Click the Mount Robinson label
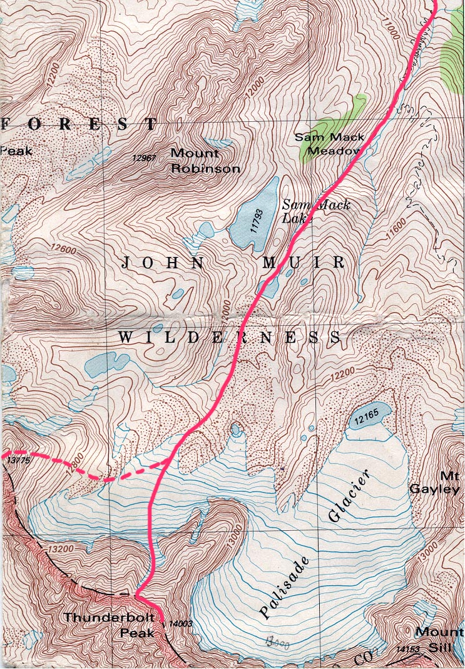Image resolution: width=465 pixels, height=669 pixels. tap(205, 161)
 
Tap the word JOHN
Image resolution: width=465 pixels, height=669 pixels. tap(162, 263)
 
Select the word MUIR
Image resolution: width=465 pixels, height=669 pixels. tap(303, 263)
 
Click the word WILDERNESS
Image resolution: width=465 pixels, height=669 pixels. tap(229, 338)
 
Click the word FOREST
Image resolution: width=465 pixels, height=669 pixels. tap(78, 123)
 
